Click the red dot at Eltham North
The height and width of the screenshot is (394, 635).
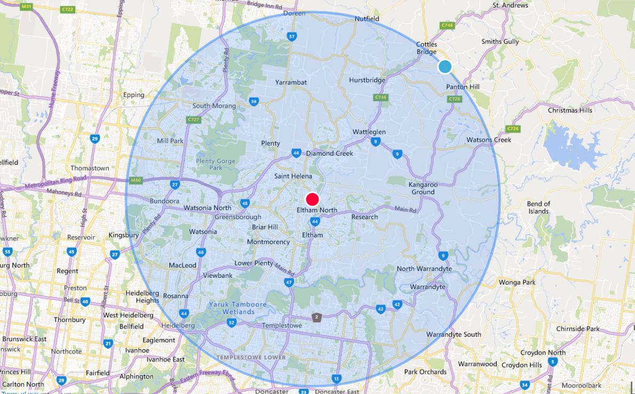click(x=313, y=199)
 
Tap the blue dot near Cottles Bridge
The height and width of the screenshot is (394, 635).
click(x=445, y=67)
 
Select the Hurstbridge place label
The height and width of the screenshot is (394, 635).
click(x=367, y=80)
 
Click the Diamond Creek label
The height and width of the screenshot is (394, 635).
click(x=329, y=154)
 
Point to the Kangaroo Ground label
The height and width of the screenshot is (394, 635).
click(x=422, y=188)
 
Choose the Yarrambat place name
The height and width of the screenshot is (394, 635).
click(x=291, y=83)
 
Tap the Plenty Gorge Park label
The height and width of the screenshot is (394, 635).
click(x=201, y=164)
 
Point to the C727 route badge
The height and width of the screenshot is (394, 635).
click(x=193, y=120)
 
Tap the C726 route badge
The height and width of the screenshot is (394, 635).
click(x=512, y=129)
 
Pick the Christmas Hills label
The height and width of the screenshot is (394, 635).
click(x=570, y=110)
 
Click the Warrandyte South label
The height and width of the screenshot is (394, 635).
click(x=453, y=334)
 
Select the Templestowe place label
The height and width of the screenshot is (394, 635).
click(x=282, y=325)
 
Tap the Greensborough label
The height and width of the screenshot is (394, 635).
click(x=238, y=217)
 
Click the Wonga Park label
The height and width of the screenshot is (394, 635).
click(x=517, y=282)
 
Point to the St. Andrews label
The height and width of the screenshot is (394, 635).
click(x=510, y=5)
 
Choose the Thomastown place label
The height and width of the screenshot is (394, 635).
click(x=90, y=168)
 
